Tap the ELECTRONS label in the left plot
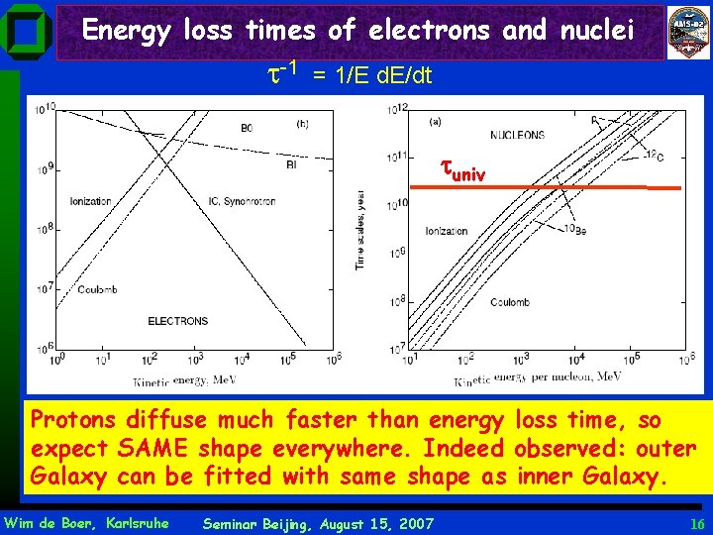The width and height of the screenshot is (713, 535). click(177, 321)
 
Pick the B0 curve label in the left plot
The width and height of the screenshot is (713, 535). click(247, 127)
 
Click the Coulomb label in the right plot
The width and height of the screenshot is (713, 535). click(514, 302)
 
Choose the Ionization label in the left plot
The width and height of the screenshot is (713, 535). click(90, 201)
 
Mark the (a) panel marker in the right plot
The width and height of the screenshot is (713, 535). click(434, 122)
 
